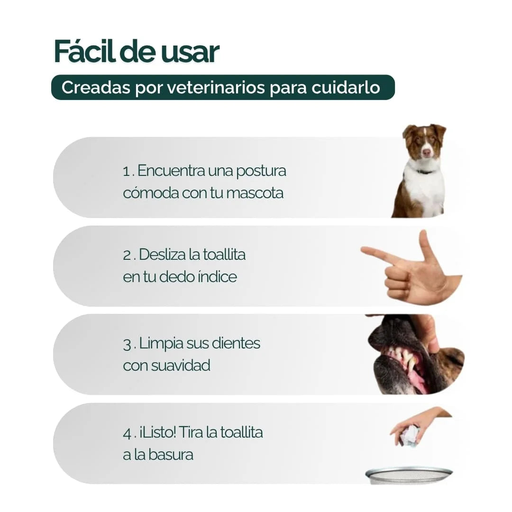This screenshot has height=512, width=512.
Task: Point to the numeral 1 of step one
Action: [126, 172]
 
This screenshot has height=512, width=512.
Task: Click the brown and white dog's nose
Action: [427, 153]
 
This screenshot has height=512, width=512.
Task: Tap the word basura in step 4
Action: [170, 455]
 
